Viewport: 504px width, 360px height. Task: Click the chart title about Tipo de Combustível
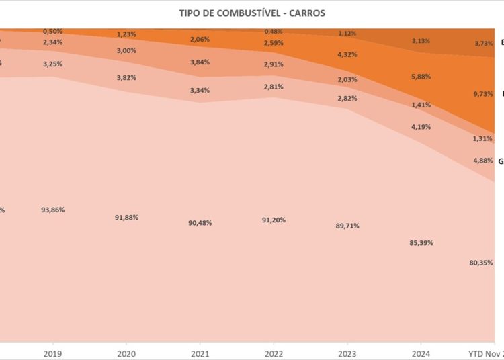pos(251,13)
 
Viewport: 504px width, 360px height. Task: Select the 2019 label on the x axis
pos(52,352)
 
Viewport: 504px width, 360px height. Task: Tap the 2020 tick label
pos(126,352)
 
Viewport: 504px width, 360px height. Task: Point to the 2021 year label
pos(200,352)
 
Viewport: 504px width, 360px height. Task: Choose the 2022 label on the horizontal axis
pos(274,352)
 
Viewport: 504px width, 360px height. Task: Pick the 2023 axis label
pos(347,352)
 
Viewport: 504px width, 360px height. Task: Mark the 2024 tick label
pos(421,352)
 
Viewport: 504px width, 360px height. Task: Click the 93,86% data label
pos(53,210)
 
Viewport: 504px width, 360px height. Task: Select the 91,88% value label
pos(126,217)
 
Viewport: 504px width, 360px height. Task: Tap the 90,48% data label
pos(200,222)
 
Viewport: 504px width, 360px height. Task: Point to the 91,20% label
pos(274,220)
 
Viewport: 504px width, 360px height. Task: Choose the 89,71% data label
pos(347,226)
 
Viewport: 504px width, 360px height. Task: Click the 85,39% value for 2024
pos(421,242)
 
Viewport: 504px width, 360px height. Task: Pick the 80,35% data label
pos(481,263)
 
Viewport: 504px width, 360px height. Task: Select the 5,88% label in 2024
pos(421,77)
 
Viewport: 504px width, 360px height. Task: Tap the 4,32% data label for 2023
pos(347,54)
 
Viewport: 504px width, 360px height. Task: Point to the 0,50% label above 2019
pos(53,32)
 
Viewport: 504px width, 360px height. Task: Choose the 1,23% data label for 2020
pos(126,34)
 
